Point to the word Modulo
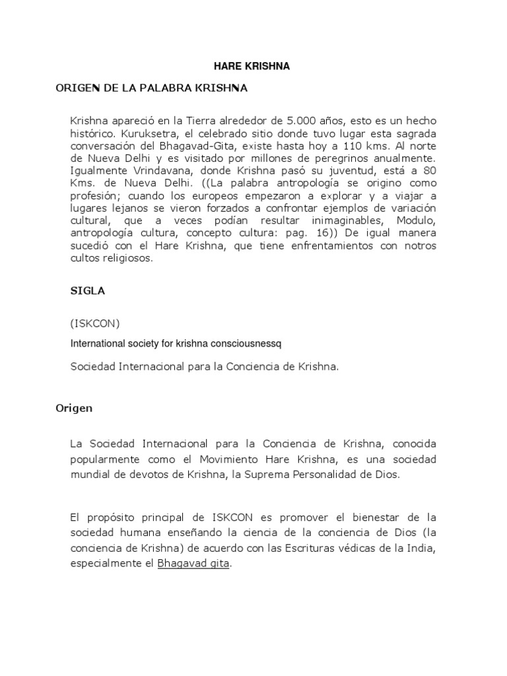pyautogui.click(x=419, y=221)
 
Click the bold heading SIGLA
pyautogui.click(x=88, y=290)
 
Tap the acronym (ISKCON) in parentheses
pyautogui.click(x=95, y=324)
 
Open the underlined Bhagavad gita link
pyautogui.click(x=193, y=564)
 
